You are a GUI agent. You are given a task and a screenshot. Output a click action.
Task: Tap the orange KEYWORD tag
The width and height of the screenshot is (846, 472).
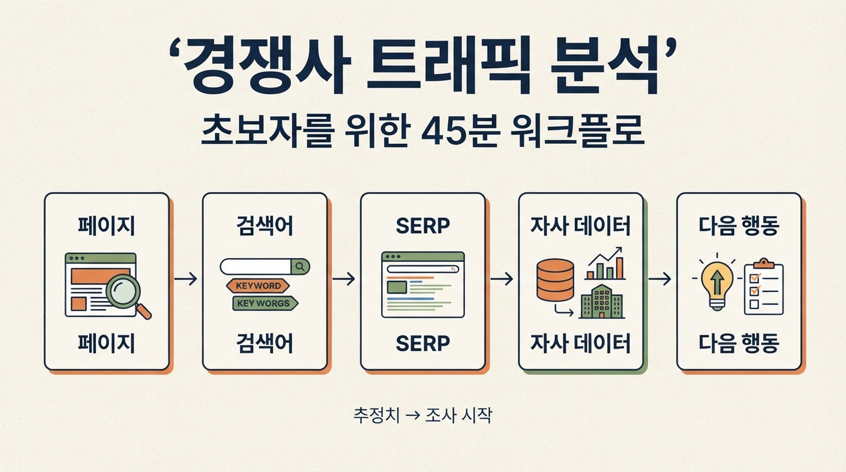coord(258,286)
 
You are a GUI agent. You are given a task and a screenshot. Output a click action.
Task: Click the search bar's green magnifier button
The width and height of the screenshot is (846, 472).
coord(300,266)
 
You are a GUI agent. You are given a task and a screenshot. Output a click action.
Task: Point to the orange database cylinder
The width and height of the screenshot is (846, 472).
coord(555,280)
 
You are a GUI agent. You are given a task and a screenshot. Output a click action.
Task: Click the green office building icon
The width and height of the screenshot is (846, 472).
coord(602,301)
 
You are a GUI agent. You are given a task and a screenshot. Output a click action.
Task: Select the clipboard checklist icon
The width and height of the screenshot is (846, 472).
coord(763,287)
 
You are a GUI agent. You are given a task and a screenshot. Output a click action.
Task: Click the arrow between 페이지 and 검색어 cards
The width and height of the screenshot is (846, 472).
coord(186,278)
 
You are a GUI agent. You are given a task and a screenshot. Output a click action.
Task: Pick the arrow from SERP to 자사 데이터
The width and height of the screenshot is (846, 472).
coord(502,278)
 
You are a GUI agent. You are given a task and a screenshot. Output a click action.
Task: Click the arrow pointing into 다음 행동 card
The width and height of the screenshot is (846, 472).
coord(660,278)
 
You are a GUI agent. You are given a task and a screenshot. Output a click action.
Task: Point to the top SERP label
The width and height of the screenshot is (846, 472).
coord(423,226)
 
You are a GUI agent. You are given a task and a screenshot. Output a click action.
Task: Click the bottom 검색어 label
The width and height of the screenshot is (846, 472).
coord(265,343)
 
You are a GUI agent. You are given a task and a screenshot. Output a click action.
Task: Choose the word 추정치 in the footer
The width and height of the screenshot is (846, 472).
coord(376,415)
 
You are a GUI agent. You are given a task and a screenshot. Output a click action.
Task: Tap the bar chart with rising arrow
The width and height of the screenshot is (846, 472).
coord(606,264)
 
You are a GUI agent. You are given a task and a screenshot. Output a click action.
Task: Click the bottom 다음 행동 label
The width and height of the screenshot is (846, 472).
coord(739,343)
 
